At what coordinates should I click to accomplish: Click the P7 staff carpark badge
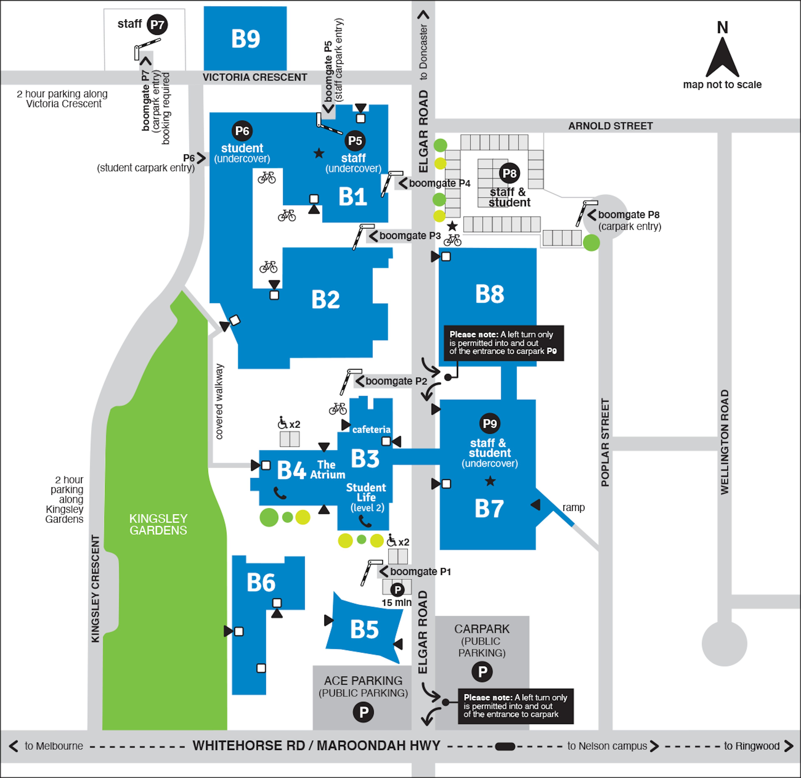click(x=157, y=25)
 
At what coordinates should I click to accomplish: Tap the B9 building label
click(x=246, y=39)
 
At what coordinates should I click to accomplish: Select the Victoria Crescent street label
click(x=255, y=77)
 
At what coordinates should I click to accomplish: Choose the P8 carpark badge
click(x=509, y=173)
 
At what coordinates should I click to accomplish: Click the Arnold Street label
click(x=611, y=126)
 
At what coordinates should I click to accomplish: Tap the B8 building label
click(x=490, y=294)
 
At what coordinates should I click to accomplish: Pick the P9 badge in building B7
click(x=490, y=424)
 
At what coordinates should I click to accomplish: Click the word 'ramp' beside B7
click(x=573, y=507)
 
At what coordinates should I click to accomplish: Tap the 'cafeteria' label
click(x=371, y=429)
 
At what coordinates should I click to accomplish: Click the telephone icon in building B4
click(x=280, y=493)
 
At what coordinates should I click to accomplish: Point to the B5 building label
click(x=365, y=629)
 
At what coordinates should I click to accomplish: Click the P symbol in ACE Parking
click(x=363, y=712)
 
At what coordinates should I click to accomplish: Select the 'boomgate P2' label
click(x=396, y=381)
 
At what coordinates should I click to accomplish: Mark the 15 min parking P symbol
click(x=397, y=590)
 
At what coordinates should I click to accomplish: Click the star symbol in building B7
click(x=490, y=481)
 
